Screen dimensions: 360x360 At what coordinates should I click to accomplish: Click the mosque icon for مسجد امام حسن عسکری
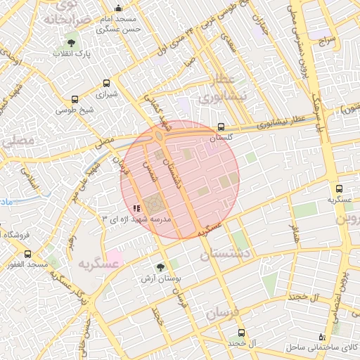click(x=117, y=8)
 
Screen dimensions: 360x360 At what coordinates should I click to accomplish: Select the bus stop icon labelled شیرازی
click(x=105, y=82)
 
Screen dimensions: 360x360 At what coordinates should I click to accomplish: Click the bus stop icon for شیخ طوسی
click(x=75, y=99)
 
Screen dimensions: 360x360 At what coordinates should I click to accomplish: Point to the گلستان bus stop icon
click(x=221, y=127)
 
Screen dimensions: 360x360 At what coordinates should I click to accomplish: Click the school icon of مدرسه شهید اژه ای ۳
click(x=136, y=208)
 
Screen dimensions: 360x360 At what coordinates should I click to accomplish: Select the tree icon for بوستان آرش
click(x=160, y=267)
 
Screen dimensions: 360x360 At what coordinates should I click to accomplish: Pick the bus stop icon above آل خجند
click(x=242, y=333)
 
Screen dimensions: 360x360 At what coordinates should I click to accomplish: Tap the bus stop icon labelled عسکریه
click(x=340, y=189)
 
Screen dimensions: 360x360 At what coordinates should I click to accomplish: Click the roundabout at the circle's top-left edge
click(x=161, y=135)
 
